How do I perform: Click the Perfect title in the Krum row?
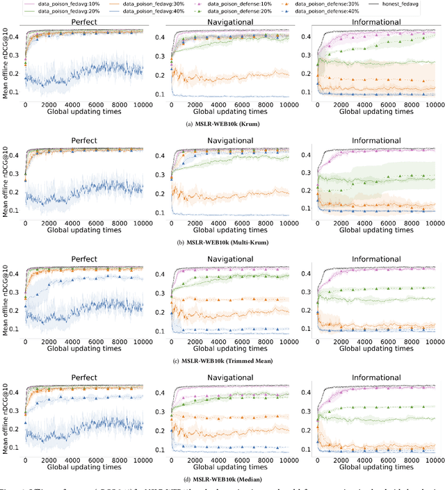coord(83,22)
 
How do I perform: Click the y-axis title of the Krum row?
coord(6,62)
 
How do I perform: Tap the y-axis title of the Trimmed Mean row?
coord(6,300)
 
